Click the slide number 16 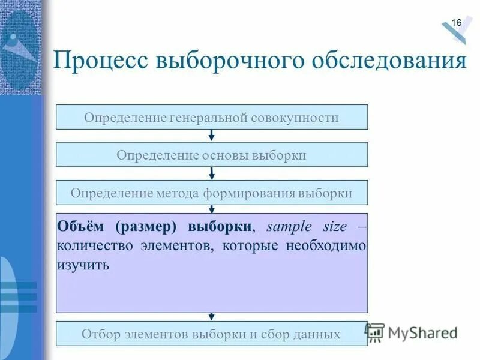point(456,23)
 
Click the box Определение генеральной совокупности point(212,117)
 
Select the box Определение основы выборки point(212,155)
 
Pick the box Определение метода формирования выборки point(212,193)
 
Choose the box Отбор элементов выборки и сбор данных point(212,334)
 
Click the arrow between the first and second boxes point(212,136)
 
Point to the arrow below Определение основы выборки point(212,173)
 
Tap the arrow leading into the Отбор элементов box point(212,317)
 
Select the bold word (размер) point(148,227)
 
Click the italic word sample point(289,227)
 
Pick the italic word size point(334,227)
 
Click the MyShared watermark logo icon point(375,332)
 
